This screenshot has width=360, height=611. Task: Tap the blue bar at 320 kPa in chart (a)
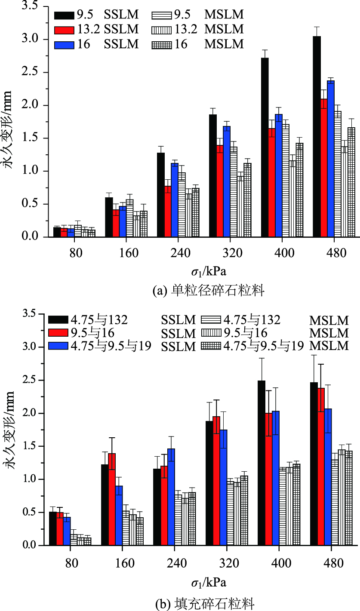click(x=226, y=181)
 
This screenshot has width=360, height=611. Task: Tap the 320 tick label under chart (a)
click(x=232, y=253)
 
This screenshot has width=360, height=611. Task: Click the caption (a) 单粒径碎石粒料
click(x=209, y=291)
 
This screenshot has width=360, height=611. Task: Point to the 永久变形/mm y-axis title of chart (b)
click(x=12, y=430)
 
